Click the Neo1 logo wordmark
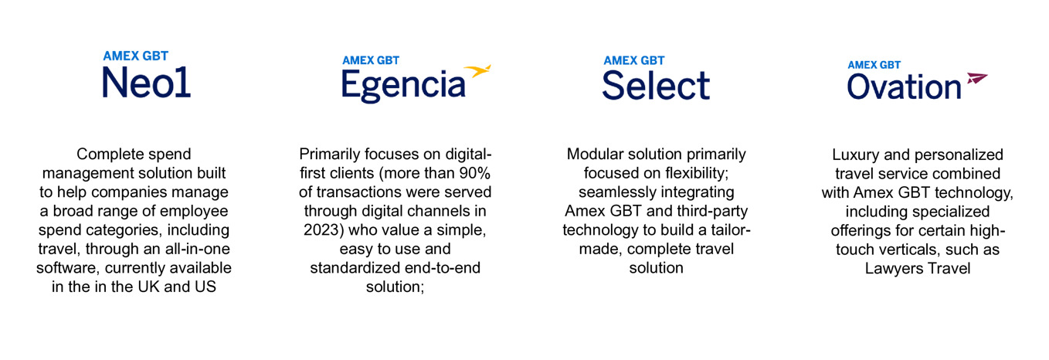[146, 82]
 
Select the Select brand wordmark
[656, 86]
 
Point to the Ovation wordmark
[904, 87]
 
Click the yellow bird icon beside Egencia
[477, 71]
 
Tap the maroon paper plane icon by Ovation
[977, 79]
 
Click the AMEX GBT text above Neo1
[135, 56]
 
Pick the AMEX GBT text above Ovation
[874, 65]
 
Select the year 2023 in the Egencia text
[321, 230]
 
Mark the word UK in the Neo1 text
[149, 287]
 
